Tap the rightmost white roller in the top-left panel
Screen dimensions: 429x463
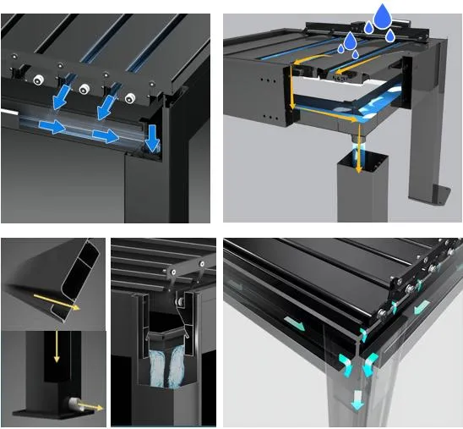click(x=129, y=98)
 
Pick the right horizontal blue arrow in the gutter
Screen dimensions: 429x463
click(x=105, y=135)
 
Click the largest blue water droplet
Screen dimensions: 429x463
click(x=383, y=14)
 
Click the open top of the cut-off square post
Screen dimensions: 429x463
click(x=358, y=160)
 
